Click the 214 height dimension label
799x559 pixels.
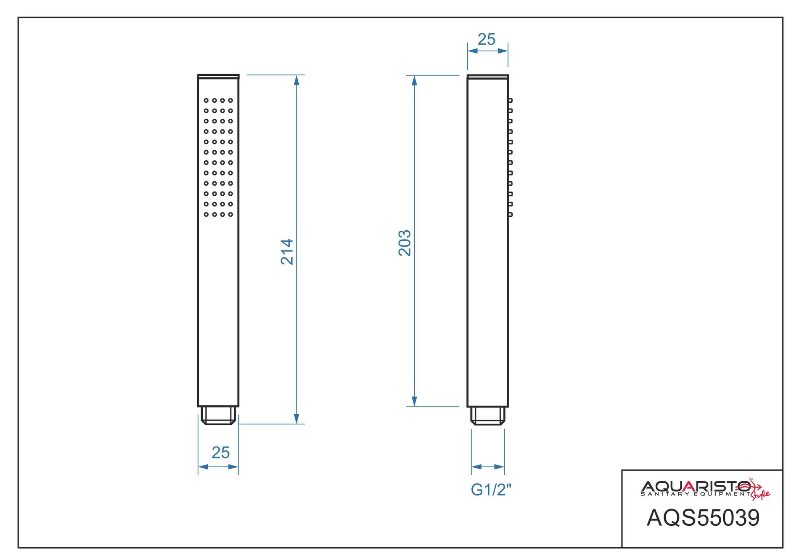click(287, 252)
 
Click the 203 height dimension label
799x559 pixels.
click(405, 243)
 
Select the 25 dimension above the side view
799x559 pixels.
click(487, 39)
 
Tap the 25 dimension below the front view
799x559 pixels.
click(221, 453)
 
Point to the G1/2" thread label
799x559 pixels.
click(491, 490)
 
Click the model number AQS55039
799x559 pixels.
click(703, 518)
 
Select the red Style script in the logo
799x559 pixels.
click(761, 495)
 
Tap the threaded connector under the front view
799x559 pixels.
click(218, 415)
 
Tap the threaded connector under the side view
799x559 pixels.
click(487, 416)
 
